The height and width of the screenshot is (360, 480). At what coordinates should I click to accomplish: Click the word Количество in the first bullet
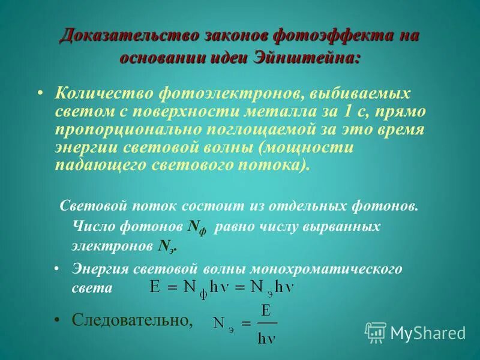(x=102, y=93)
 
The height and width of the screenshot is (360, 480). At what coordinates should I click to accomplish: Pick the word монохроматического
(x=329, y=268)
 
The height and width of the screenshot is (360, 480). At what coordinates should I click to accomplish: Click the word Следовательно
(x=132, y=320)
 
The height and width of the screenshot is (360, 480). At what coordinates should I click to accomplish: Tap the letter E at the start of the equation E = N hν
(x=155, y=287)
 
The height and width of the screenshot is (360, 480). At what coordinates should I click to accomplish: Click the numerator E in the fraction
(x=265, y=311)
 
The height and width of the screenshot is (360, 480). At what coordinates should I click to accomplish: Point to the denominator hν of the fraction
(x=266, y=337)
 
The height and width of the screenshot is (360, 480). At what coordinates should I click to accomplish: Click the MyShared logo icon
(x=376, y=332)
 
